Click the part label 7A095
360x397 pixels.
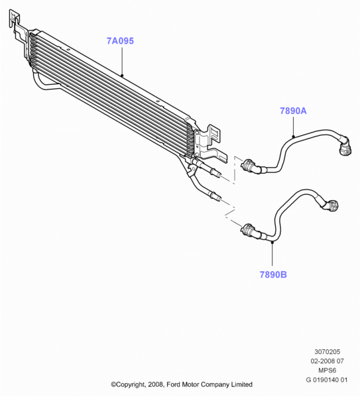120,41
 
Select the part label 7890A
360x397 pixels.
293,111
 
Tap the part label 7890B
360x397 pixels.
273,274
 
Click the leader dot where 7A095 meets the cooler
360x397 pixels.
122,75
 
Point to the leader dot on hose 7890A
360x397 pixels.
294,137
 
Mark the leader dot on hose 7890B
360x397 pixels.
272,242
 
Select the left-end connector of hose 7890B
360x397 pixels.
249,231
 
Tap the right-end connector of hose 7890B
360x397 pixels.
331,205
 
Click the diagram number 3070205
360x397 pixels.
328,352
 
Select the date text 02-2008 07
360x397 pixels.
327,361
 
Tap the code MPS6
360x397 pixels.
327,370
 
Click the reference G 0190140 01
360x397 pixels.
327,380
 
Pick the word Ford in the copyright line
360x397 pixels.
173,384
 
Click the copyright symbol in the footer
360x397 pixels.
113,385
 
